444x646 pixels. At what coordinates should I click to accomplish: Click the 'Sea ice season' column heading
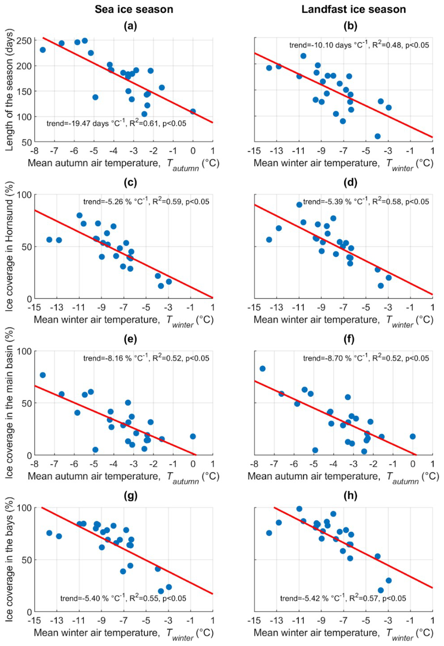coord(134,9)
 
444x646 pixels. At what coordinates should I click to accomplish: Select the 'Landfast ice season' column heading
coord(354,9)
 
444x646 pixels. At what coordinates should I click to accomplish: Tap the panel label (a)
coord(130,26)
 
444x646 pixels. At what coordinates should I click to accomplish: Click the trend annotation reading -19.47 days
coord(116,123)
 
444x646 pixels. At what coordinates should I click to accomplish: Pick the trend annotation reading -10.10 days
coord(359,45)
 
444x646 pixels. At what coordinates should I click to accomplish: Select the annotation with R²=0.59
coord(146,201)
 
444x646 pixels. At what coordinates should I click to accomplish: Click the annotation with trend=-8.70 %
coord(366,358)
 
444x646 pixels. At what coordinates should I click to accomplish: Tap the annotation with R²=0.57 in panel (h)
coord(343,598)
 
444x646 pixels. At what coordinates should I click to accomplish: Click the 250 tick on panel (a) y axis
coord(26,41)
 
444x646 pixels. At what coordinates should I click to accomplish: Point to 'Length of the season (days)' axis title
coord(10,90)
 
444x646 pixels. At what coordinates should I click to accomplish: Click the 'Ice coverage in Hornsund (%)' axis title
coord(10,247)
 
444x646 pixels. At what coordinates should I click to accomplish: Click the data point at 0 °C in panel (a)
coord(193,112)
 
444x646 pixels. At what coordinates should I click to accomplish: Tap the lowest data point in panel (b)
coord(378,136)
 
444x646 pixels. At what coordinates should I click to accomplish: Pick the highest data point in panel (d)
coord(299,204)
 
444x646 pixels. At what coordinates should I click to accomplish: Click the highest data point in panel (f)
coord(263,369)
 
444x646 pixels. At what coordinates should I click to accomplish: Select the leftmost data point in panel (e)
coord(43,375)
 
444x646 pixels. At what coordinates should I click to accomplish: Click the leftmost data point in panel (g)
coord(49,533)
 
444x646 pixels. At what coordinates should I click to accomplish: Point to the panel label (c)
coord(130,183)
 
